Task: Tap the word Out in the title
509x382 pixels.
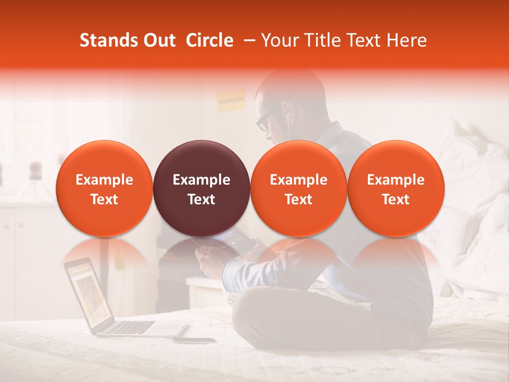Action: (x=159, y=40)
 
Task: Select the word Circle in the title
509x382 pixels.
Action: (x=209, y=40)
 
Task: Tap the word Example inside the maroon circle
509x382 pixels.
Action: (x=201, y=180)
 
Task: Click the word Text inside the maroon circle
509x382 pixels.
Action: (x=201, y=199)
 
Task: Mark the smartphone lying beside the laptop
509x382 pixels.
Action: (x=194, y=340)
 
